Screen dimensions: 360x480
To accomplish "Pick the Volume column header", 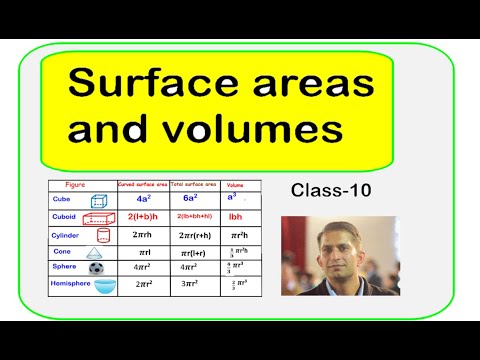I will pyautogui.click(x=235, y=185).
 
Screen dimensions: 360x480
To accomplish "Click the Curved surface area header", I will pyautogui.click(x=140, y=185).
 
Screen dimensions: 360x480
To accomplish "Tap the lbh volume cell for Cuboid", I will pyautogui.click(x=236, y=215).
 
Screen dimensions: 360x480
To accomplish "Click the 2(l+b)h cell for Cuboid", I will pyautogui.click(x=143, y=215).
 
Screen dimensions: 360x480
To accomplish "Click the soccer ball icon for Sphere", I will pyautogui.click(x=96, y=268).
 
